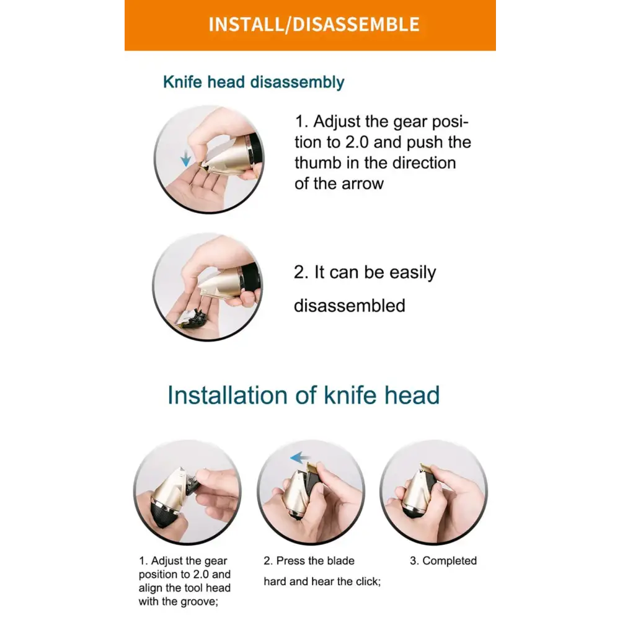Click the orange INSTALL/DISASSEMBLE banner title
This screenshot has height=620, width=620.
[x=314, y=25]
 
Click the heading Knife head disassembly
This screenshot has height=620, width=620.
[x=254, y=82]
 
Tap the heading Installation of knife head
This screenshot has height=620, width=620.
[x=303, y=395]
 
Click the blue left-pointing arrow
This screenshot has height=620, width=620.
[x=299, y=458]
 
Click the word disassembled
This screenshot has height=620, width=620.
[x=350, y=306]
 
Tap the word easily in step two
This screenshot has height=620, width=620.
[x=412, y=273]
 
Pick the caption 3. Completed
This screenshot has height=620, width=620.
[x=443, y=560]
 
